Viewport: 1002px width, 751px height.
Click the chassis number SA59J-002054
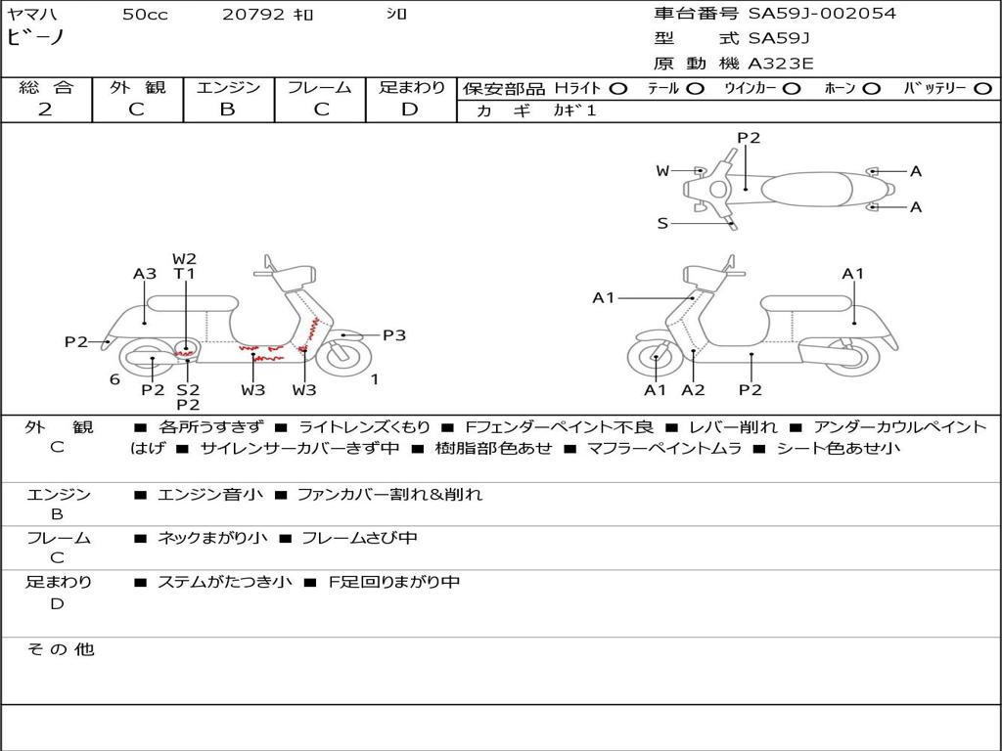point(822,13)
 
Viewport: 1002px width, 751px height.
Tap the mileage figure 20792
point(253,14)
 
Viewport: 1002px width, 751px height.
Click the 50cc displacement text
point(145,14)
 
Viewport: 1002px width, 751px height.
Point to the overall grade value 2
point(45,110)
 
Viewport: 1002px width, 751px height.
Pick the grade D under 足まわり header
point(410,110)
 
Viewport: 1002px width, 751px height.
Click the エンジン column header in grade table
point(228,87)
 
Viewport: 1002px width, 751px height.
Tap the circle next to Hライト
point(618,89)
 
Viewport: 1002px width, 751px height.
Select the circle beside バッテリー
point(983,89)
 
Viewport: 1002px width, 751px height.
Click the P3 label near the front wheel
point(394,335)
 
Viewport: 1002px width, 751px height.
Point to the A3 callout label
point(145,274)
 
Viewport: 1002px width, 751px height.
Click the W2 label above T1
point(184,259)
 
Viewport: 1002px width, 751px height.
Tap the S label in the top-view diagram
point(662,224)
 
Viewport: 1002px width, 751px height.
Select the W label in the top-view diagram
point(662,171)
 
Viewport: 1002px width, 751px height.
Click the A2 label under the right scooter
point(694,390)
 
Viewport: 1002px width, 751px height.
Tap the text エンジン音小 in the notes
point(209,494)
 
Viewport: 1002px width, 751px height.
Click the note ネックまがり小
point(212,539)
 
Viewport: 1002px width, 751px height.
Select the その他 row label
point(60,649)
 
